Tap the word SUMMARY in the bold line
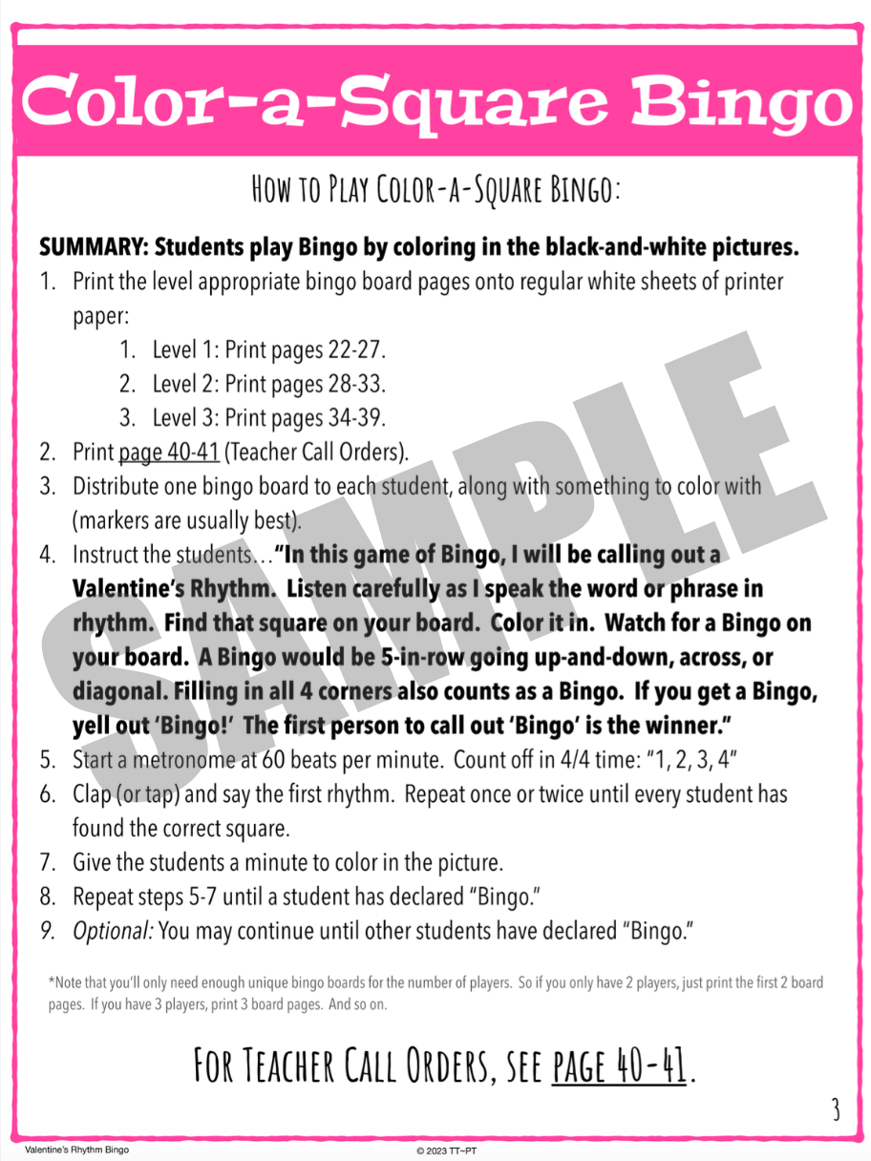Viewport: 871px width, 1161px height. click(92, 247)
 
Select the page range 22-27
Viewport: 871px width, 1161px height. click(355, 350)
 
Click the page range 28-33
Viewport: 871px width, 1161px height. click(355, 385)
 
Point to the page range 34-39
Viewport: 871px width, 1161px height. click(355, 418)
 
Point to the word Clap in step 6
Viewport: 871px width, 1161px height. click(94, 794)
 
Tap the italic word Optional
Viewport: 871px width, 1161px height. click(113, 931)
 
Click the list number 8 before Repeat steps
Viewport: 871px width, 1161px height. click(47, 897)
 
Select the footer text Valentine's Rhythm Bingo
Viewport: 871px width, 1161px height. click(76, 1150)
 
